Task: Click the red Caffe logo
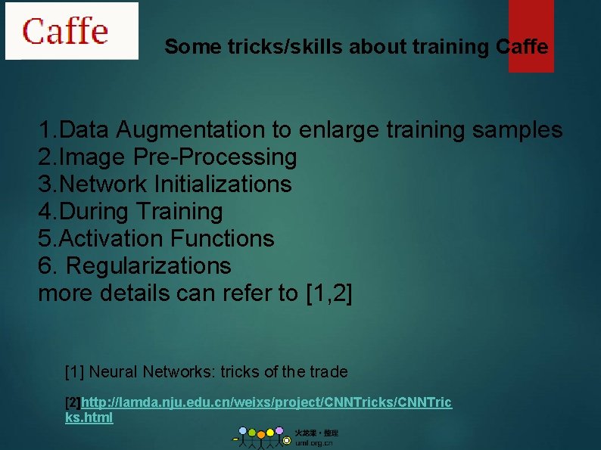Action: click(x=66, y=31)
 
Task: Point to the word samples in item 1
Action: click(x=517, y=130)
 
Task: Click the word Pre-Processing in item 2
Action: click(x=215, y=157)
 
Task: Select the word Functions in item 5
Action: click(x=222, y=239)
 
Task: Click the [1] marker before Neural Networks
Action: click(x=75, y=372)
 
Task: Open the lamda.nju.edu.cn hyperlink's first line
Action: click(x=266, y=402)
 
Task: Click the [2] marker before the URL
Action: click(x=73, y=402)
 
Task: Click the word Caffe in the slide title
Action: click(x=522, y=47)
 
